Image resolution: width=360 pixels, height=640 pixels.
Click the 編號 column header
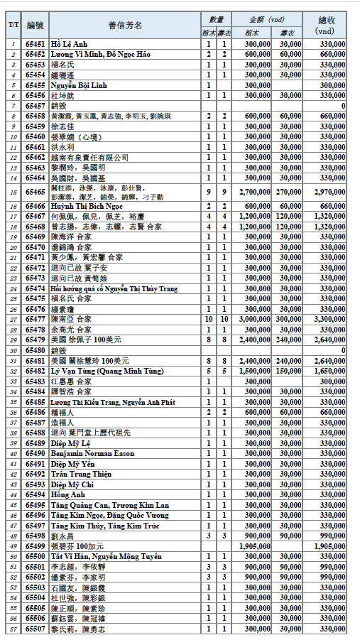[x=35, y=26]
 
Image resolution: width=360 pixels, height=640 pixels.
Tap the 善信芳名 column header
[x=125, y=26]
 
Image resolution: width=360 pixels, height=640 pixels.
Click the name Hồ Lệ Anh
[x=68, y=44]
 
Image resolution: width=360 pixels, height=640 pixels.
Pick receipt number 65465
[x=35, y=192]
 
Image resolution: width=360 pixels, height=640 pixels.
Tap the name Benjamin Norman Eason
[x=92, y=454]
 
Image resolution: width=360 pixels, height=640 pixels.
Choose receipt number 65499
[x=35, y=546]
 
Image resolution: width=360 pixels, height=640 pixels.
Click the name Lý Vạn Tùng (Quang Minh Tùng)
[x=104, y=371]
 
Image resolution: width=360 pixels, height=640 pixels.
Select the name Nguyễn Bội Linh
[x=77, y=85]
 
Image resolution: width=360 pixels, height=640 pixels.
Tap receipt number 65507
[x=35, y=629]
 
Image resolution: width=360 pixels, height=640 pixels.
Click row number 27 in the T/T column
[x=13, y=320]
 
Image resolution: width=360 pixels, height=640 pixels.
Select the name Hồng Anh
[x=68, y=495]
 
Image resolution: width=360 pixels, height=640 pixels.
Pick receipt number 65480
[x=35, y=350]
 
